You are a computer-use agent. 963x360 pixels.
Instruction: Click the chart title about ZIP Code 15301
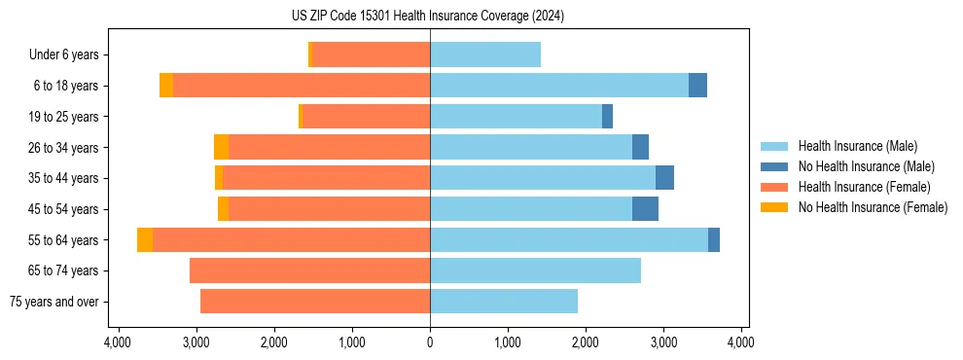click(428, 17)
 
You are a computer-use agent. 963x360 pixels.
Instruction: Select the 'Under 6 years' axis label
click(64, 55)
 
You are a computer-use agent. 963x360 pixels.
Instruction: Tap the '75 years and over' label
click(53, 302)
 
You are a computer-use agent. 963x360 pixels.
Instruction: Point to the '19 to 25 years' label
click(64, 117)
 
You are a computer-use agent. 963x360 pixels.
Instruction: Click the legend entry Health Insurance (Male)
click(857, 146)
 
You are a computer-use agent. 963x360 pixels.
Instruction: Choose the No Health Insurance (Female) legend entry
click(873, 207)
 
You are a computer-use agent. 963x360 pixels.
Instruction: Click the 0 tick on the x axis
click(430, 342)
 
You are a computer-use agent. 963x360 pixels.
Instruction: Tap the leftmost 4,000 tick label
click(118, 342)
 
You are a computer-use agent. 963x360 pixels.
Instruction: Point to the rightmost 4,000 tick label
click(741, 342)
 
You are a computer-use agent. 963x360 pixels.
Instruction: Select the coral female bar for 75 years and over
click(315, 302)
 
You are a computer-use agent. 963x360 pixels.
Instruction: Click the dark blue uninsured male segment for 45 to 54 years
click(645, 209)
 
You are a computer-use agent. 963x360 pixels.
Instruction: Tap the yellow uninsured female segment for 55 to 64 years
click(145, 240)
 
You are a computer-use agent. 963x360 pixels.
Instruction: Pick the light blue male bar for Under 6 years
click(485, 55)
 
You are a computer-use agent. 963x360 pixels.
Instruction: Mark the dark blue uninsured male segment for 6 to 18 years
click(697, 86)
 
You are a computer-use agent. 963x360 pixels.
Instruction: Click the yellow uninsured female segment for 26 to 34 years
click(222, 148)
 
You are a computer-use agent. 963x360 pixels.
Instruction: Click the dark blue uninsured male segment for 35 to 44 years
click(664, 178)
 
